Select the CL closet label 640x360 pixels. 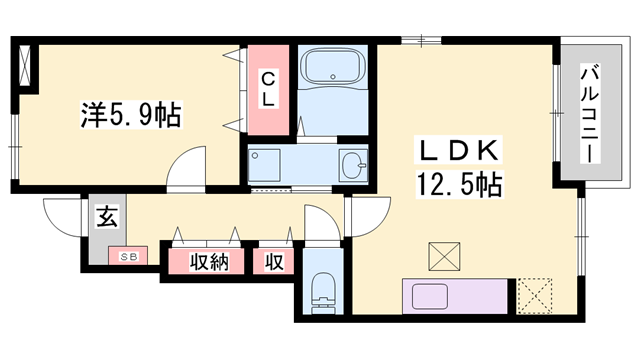[x=270, y=90]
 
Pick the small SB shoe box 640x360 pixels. [x=128, y=256]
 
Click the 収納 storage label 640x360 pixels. [x=205, y=262]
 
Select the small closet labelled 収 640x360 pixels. [x=273, y=262]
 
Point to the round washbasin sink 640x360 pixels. [x=353, y=165]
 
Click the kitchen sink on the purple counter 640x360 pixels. [x=428, y=298]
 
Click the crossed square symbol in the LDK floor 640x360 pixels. [x=441, y=256]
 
